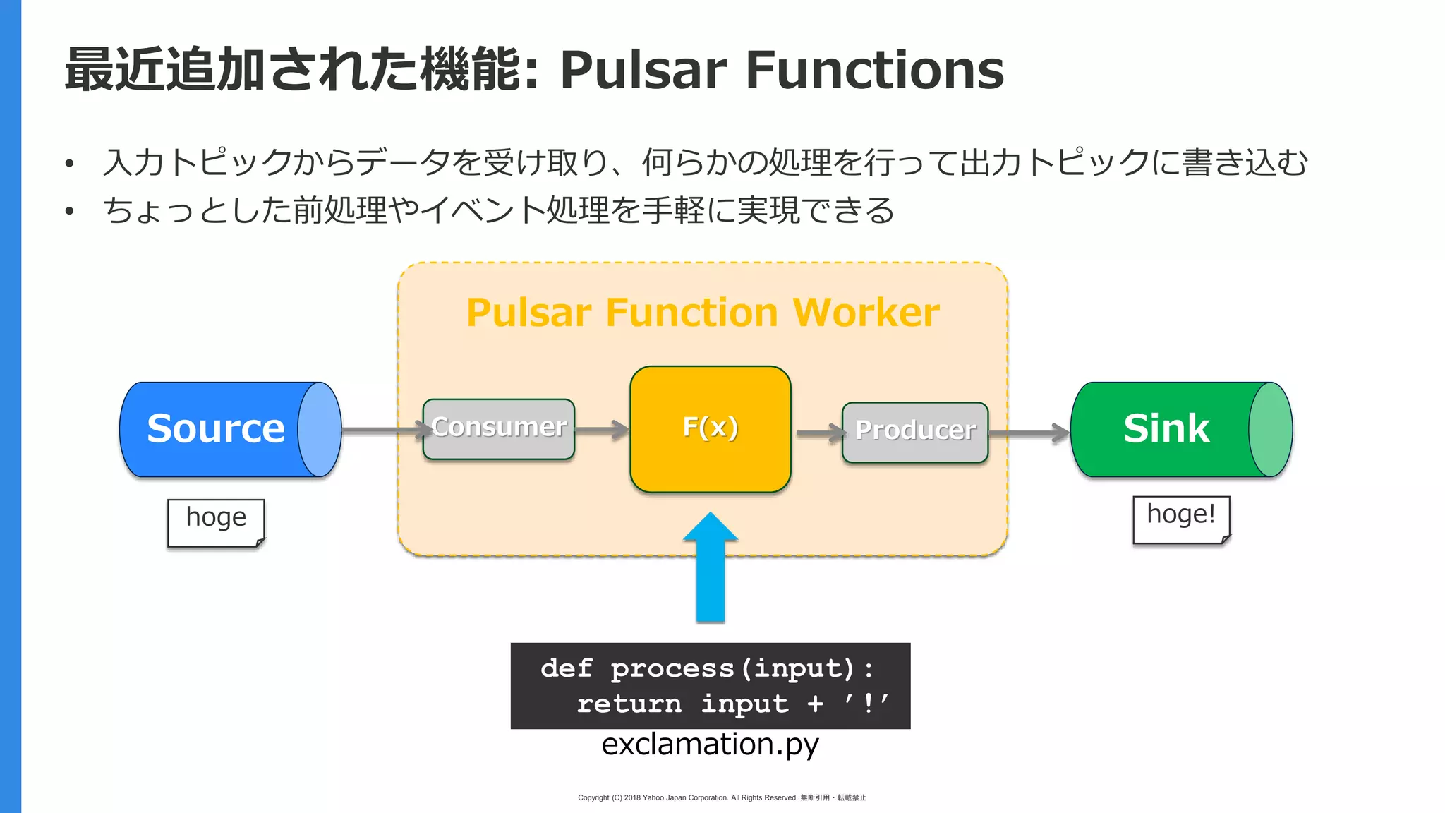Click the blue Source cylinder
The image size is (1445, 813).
219,429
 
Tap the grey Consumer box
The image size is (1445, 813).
499,428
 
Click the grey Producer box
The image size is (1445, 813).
915,431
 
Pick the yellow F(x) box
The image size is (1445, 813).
711,428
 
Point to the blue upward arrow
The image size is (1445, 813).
711,572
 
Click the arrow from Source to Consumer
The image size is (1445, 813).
381,429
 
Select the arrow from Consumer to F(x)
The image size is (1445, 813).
601,429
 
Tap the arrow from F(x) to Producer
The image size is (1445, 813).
818,433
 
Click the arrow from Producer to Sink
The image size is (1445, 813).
1029,433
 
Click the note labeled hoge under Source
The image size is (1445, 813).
216,522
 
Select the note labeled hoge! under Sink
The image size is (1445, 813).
1181,519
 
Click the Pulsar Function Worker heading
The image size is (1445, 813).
703,313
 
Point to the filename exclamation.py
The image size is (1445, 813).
710,745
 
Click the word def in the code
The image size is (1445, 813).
566,668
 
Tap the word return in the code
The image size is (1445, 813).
629,704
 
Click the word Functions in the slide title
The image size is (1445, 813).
873,70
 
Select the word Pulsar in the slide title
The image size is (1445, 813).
643,70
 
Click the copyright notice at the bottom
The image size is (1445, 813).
722,797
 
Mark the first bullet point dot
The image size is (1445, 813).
69,164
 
